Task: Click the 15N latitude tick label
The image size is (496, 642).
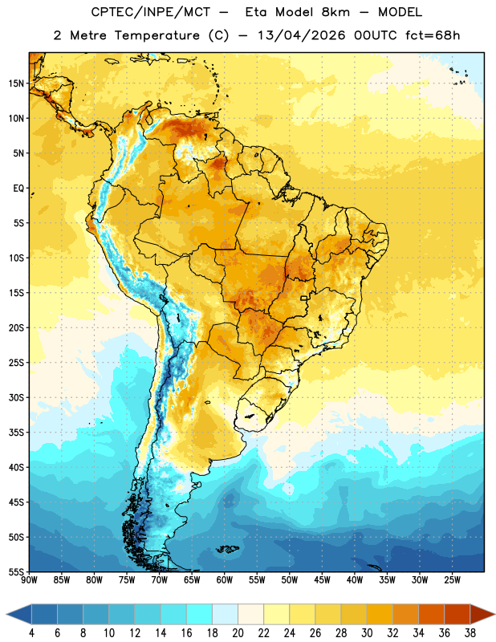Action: click(x=16, y=83)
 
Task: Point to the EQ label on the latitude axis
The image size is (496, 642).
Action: click(x=18, y=189)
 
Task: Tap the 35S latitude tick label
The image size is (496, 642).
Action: click(x=16, y=433)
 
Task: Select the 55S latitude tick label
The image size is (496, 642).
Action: click(x=16, y=572)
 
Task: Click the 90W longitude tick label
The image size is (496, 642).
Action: click(x=29, y=580)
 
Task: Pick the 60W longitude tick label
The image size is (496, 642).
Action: click(x=225, y=580)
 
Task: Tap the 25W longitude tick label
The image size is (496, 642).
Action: click(x=452, y=580)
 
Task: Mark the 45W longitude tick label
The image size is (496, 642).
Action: click(x=322, y=580)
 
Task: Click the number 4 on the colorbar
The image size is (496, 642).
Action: click(x=31, y=633)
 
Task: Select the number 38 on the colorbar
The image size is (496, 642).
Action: click(x=470, y=633)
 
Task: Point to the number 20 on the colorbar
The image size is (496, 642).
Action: click(x=238, y=633)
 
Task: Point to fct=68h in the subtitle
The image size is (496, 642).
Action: click(x=433, y=35)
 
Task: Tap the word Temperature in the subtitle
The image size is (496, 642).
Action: click(x=157, y=35)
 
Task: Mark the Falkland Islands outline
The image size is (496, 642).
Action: click(x=228, y=549)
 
